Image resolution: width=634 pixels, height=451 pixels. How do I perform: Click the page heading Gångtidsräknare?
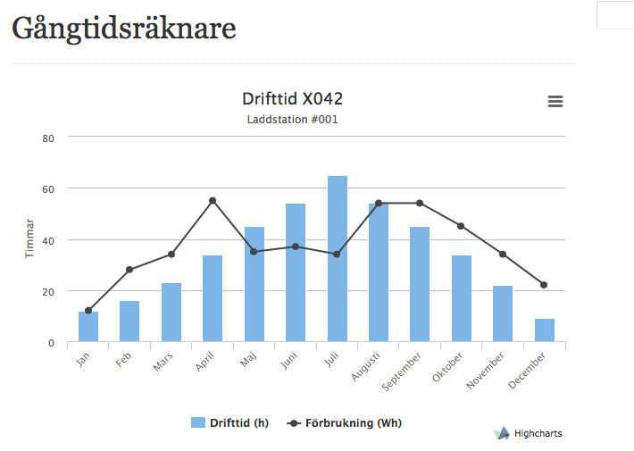[124, 29]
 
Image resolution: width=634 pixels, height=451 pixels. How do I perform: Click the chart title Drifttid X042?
[292, 98]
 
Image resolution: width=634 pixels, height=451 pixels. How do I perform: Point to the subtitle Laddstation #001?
[292, 119]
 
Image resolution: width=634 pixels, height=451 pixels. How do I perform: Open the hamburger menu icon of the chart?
[555, 102]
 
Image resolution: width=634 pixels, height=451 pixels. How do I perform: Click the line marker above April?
[213, 201]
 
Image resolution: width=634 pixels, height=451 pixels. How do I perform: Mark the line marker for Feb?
[129, 270]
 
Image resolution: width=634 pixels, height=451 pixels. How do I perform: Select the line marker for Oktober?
[461, 226]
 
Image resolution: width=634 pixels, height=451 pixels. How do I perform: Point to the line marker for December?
[544, 285]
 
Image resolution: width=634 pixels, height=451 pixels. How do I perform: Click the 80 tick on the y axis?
[49, 138]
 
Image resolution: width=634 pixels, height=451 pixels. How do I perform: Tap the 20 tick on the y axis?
[49, 291]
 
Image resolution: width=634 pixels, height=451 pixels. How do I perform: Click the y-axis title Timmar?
[29, 238]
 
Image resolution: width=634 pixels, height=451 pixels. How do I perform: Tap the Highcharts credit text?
[538, 433]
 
